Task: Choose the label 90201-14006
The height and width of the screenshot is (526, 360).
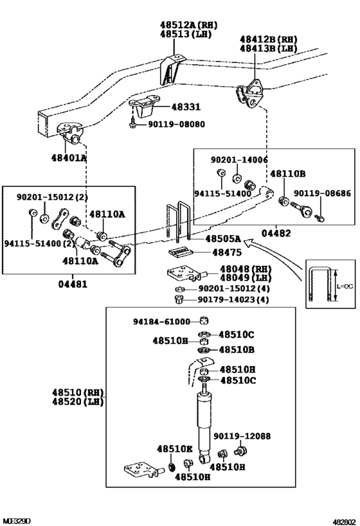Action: (x=240, y=159)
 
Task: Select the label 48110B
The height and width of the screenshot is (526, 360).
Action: (x=287, y=173)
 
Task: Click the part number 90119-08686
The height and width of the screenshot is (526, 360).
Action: (x=322, y=193)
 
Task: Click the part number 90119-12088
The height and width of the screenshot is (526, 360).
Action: (x=242, y=436)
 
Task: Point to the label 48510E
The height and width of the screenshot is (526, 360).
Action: (x=174, y=450)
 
